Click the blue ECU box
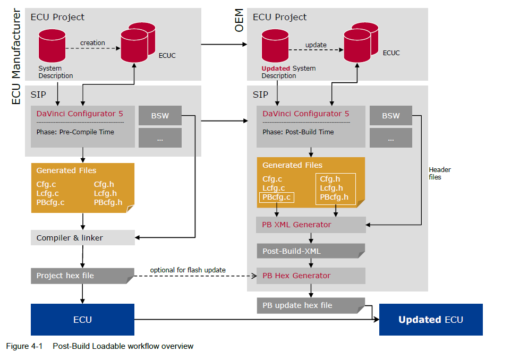[82, 320]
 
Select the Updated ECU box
[431, 320]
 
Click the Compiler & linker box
[82, 238]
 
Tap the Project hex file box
[82, 276]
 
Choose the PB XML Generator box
[311, 225]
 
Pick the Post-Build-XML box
[311, 251]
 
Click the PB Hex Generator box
[311, 276]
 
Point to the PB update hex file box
[311, 305]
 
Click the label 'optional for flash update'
[188, 270]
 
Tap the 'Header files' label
[440, 173]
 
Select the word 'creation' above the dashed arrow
[92, 43]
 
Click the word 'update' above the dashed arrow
[316, 45]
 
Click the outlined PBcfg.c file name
[276, 198]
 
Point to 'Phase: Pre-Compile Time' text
[75, 132]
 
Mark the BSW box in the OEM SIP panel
[391, 116]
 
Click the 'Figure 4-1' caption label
[24, 346]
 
